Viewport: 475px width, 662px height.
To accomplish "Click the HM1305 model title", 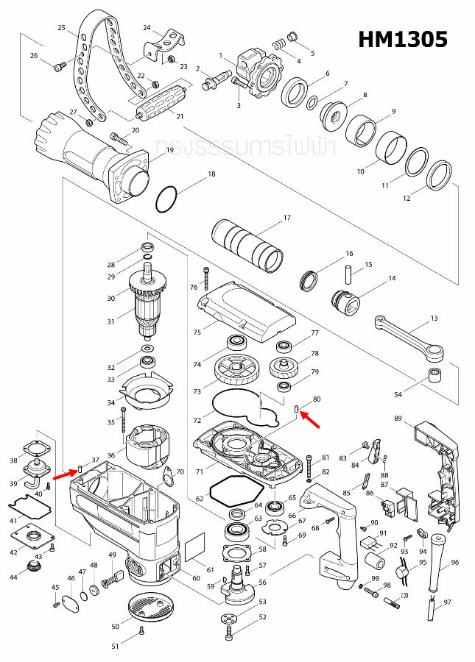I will click(402, 40).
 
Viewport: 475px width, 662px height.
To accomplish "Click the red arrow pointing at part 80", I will click(308, 419).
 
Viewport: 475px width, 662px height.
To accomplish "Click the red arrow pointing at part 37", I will click(64, 466).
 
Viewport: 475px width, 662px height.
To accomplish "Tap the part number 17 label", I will click(287, 218).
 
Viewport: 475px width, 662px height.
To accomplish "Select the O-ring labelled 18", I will click(167, 198).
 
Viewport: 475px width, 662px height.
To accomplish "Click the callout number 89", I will click(398, 419).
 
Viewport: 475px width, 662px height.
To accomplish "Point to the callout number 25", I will click(62, 27).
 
